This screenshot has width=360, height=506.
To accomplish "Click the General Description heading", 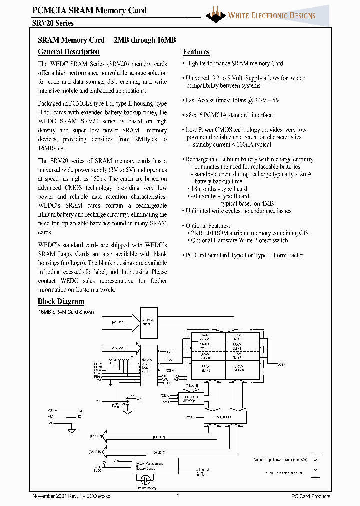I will (69, 52).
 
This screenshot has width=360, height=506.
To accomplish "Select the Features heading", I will (196, 52).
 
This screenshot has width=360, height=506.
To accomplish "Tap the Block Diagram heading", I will (61, 301).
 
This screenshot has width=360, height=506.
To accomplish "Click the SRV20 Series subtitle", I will (53, 23).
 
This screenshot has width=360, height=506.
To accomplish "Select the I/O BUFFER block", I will (225, 416).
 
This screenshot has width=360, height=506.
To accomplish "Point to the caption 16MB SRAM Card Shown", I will (66, 312).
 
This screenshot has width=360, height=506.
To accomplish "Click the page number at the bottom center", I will (178, 496).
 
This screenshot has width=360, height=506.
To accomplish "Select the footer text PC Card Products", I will (311, 496).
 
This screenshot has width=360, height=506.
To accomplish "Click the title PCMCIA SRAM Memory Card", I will (89, 10).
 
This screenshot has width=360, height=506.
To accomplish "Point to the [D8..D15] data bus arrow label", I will (159, 452).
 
